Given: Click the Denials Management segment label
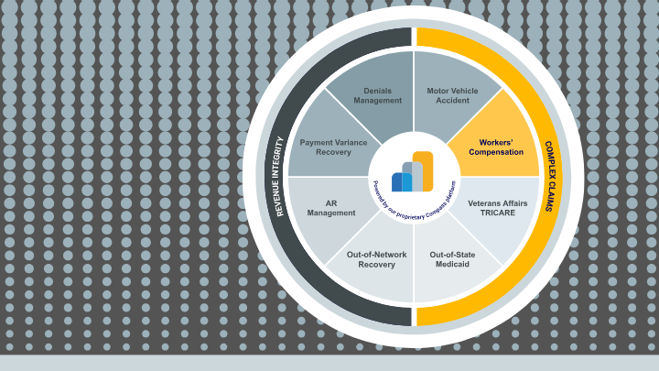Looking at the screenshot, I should (377, 96).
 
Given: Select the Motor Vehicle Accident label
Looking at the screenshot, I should (452, 96).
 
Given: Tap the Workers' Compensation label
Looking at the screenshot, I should (495, 147).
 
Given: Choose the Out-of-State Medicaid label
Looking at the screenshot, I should (452, 259).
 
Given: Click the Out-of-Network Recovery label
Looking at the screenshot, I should (377, 259).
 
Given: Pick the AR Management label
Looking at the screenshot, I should (330, 207).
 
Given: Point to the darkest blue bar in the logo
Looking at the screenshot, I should (396, 182).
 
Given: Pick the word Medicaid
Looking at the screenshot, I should (452, 265).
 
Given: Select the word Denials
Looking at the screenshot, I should (377, 91).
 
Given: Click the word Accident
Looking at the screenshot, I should (452, 102).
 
